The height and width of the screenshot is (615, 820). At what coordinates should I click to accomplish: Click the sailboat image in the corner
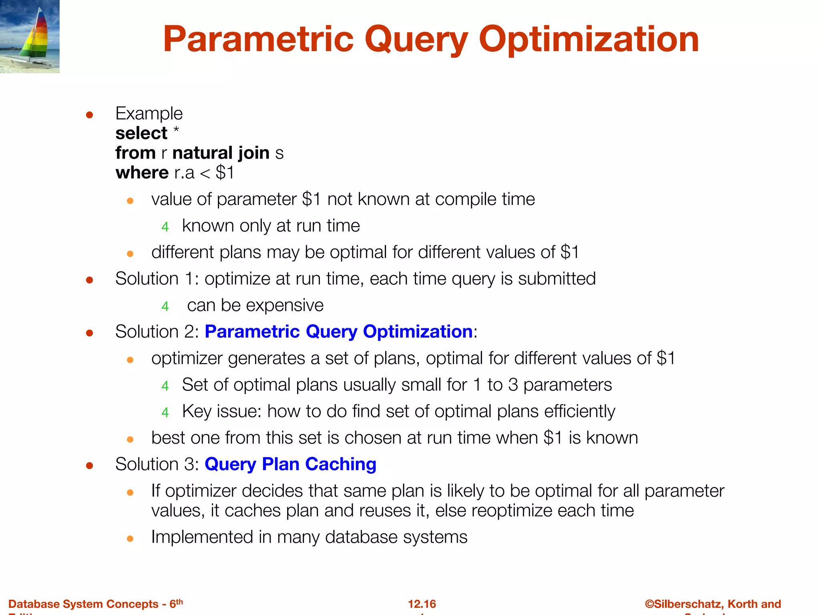[x=30, y=36]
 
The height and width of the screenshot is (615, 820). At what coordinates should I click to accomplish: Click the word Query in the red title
[x=416, y=40]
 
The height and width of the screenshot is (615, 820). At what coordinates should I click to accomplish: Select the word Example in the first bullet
[x=149, y=114]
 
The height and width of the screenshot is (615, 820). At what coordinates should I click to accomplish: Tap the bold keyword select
[x=141, y=133]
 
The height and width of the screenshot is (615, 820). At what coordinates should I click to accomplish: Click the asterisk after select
[x=176, y=131]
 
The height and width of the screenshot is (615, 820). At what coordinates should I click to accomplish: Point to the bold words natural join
[x=221, y=153]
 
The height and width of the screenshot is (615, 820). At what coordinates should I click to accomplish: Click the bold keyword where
[x=142, y=173]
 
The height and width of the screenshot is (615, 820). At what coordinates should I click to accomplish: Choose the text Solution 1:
[x=157, y=279]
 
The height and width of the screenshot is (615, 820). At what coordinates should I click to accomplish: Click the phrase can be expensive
[x=255, y=305]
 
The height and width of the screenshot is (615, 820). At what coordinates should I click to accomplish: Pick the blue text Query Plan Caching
[x=290, y=464]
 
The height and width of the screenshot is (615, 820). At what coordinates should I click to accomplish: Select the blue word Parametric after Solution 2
[x=252, y=332]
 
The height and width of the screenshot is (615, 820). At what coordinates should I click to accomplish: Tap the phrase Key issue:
[x=222, y=412]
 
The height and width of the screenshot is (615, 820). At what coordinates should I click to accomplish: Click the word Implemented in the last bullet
[x=202, y=537]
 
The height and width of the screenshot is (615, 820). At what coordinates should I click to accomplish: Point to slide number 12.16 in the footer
[x=422, y=604]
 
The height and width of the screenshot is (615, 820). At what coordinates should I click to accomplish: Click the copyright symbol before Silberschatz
[x=649, y=604]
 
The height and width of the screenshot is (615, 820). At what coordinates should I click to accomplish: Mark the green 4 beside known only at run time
[x=165, y=227]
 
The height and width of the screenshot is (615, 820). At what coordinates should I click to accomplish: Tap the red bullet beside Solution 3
[x=90, y=465]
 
